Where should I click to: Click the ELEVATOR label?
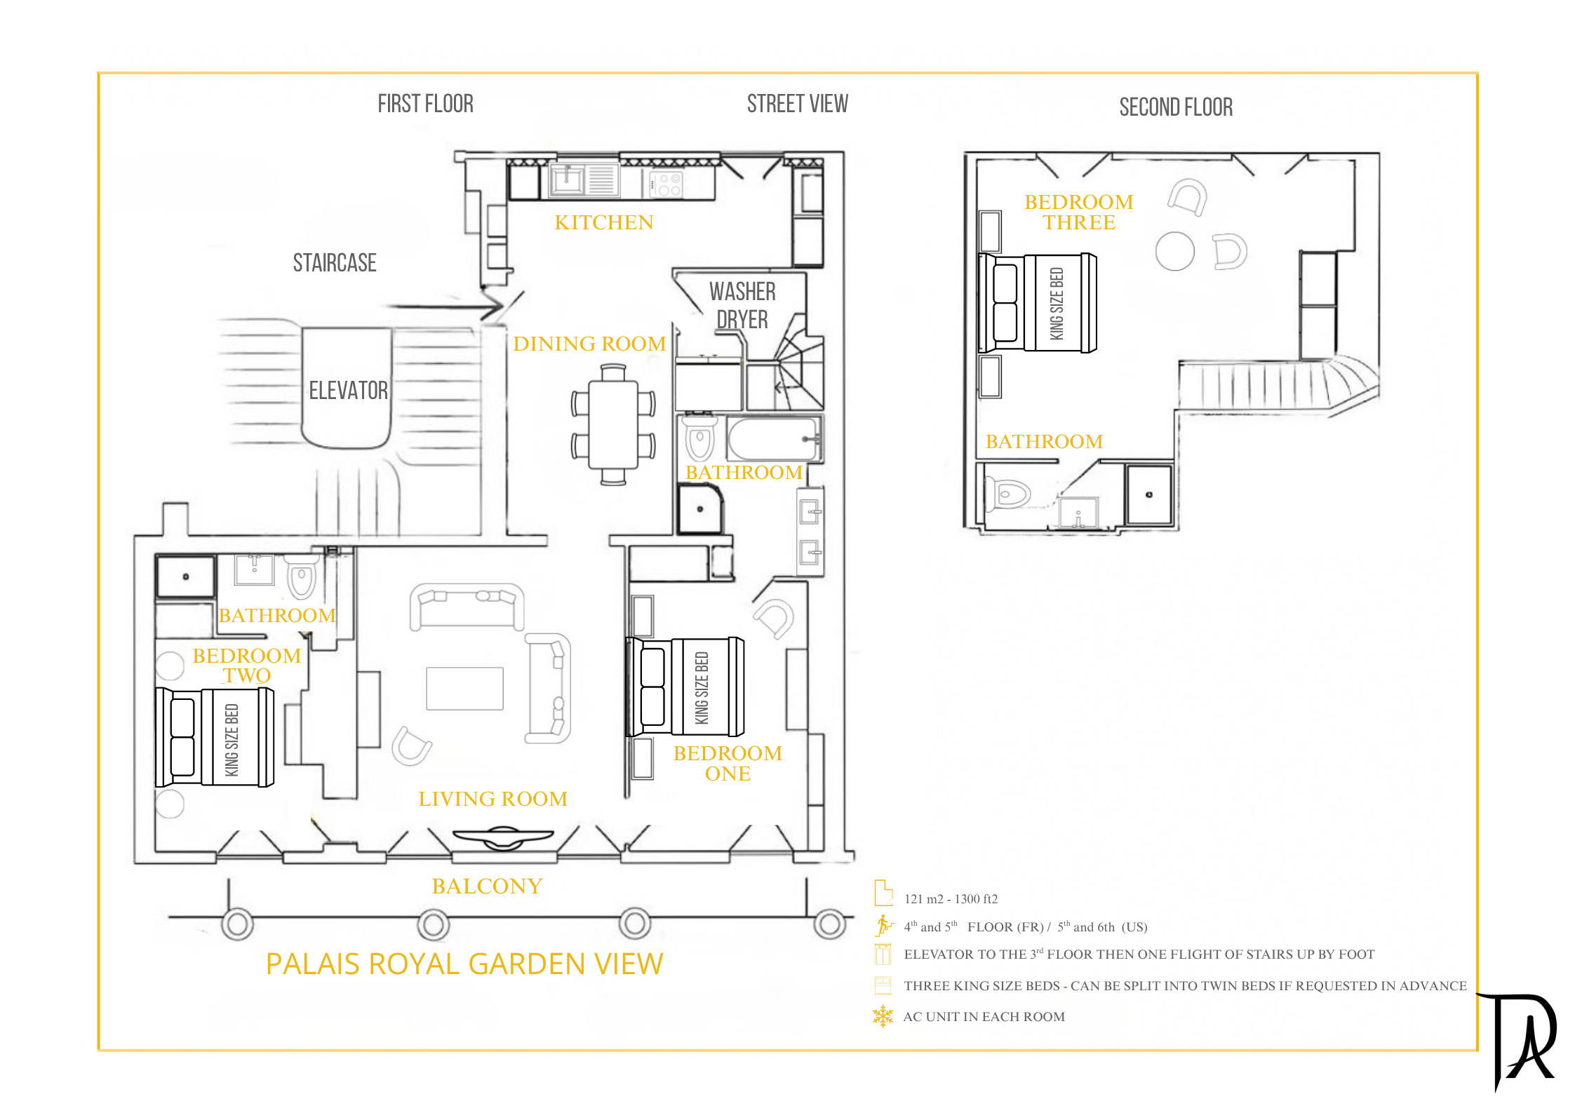click(x=349, y=390)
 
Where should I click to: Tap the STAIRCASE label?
click(x=335, y=263)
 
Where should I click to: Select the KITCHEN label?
click(x=604, y=222)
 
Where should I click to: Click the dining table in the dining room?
click(x=613, y=424)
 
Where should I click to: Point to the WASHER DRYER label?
click(x=742, y=305)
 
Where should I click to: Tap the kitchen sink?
click(x=568, y=180)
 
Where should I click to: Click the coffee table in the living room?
click(x=464, y=689)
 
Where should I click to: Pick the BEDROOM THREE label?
click(x=1079, y=212)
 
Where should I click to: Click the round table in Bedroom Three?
click(x=1175, y=251)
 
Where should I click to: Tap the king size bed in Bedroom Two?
click(x=215, y=737)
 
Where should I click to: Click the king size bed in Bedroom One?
click(x=685, y=687)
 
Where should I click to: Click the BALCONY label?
click(x=487, y=886)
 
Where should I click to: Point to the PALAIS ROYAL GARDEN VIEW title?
click(x=464, y=964)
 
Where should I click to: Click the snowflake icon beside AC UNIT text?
click(x=883, y=1016)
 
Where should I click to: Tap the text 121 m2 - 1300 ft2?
click(x=951, y=899)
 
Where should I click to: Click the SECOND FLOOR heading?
click(x=1176, y=107)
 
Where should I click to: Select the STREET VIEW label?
click(x=798, y=104)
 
